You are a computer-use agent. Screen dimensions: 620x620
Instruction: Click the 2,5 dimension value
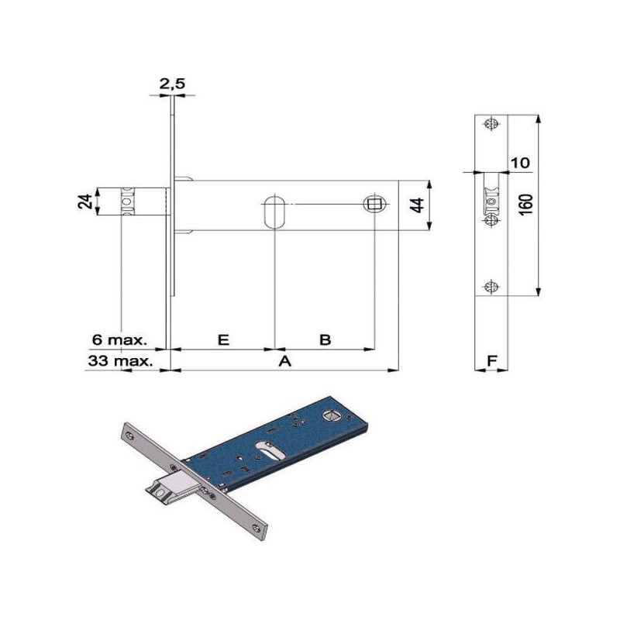[172, 84]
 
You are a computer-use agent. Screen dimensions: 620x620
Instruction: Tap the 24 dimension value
[86, 201]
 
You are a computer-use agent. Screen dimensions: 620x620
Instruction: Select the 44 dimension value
[417, 205]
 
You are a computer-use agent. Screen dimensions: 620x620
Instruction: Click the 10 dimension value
[520, 163]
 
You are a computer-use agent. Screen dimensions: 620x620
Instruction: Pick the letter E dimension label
[223, 339]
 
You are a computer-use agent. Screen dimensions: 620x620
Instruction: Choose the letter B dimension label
[325, 339]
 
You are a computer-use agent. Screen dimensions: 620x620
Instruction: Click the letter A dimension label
[285, 360]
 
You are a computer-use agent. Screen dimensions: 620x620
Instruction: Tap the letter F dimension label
[491, 360]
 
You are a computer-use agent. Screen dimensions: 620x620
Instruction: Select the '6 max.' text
[119, 339]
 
